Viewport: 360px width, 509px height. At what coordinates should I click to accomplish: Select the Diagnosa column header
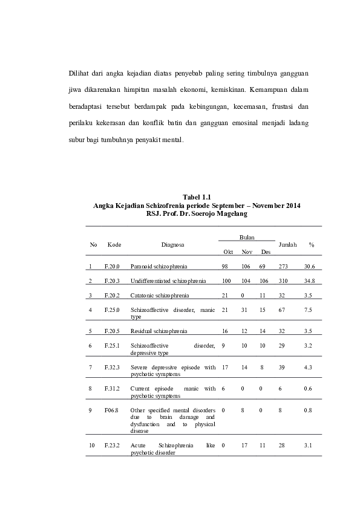click(172, 244)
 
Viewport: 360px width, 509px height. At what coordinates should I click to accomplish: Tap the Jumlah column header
click(287, 244)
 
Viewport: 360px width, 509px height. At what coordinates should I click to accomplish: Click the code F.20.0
click(113, 266)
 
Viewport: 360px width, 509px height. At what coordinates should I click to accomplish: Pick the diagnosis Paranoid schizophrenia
click(159, 266)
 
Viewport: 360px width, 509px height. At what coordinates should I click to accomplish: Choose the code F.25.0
click(113, 310)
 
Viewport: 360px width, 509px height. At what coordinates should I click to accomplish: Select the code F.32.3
click(113, 367)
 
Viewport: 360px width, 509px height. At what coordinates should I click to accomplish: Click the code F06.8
click(111, 410)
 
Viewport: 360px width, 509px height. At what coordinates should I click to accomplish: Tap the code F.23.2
click(113, 446)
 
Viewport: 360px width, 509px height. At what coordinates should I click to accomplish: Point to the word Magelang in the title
click(230, 213)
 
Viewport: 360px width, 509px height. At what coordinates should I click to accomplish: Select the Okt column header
click(228, 251)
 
